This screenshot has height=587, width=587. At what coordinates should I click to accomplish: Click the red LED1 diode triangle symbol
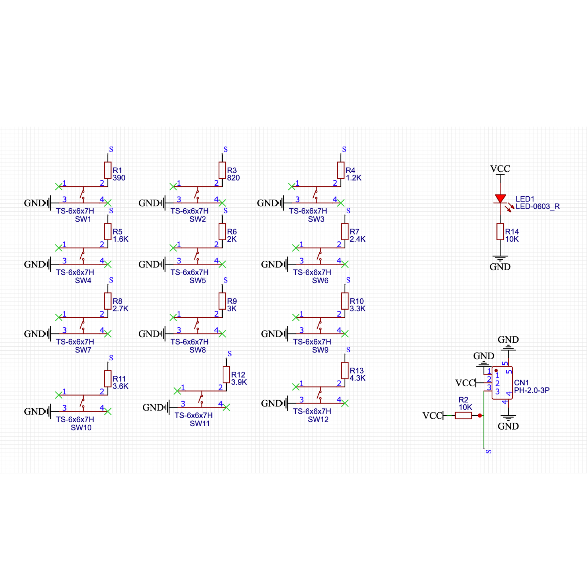click(x=500, y=198)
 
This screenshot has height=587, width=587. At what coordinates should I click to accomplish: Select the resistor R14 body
click(x=500, y=231)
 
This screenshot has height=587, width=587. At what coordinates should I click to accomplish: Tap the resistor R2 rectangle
click(x=463, y=415)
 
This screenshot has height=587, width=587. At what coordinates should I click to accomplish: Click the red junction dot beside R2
click(x=480, y=415)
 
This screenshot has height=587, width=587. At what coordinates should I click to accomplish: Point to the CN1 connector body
click(x=502, y=383)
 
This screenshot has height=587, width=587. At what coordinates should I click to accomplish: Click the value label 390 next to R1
click(x=119, y=178)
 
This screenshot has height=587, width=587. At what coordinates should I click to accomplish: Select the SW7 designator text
click(x=83, y=350)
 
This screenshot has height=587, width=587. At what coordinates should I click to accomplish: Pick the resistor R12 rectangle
click(x=226, y=375)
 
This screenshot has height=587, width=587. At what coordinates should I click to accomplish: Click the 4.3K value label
click(x=357, y=378)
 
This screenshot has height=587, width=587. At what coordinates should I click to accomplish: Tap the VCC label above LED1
click(x=500, y=169)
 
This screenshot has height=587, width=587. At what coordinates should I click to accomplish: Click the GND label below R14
click(x=500, y=267)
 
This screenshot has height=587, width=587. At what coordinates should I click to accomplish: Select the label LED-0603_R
click(x=537, y=207)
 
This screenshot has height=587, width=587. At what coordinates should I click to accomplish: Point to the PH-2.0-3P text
click(x=532, y=390)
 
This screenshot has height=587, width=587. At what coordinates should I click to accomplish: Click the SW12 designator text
click(x=318, y=420)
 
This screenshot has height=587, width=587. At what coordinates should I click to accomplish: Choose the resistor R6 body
click(x=222, y=231)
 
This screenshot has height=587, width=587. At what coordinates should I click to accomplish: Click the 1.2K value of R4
click(x=353, y=178)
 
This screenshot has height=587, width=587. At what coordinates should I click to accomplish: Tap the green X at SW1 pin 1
click(x=58, y=186)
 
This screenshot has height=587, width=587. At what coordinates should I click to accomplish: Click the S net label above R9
click(x=225, y=280)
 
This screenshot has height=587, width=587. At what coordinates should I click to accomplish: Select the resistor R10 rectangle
click(x=345, y=301)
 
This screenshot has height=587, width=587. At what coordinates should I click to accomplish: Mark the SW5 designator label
click(x=197, y=281)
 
